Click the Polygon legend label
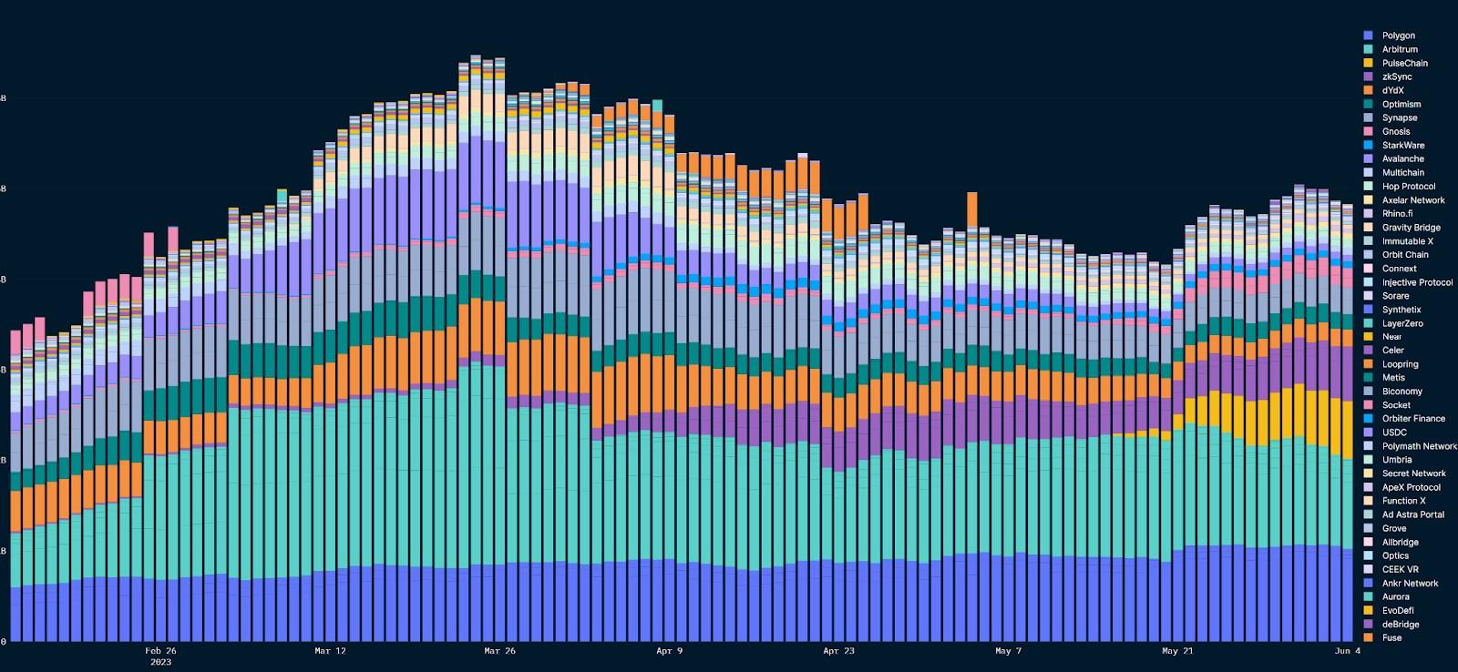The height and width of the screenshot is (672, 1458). pyautogui.click(x=1398, y=36)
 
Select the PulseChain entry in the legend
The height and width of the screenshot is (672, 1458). pyautogui.click(x=1404, y=63)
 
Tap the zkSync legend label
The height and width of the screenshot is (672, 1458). pyautogui.click(x=1396, y=76)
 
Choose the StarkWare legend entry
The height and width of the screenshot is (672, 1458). pyautogui.click(x=1402, y=145)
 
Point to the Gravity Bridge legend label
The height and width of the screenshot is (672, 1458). pyautogui.click(x=1411, y=228)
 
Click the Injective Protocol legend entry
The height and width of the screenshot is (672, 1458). pyautogui.click(x=1417, y=282)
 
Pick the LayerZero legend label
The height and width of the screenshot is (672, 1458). pyautogui.click(x=1402, y=323)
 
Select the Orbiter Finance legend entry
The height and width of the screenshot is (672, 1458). pyautogui.click(x=1413, y=419)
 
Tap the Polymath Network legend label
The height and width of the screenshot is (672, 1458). pyautogui.click(x=1419, y=446)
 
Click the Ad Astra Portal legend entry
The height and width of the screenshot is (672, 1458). pyautogui.click(x=1412, y=514)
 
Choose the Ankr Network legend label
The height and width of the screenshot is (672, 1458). pyautogui.click(x=1410, y=583)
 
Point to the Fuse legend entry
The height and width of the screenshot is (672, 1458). pyautogui.click(x=1391, y=637)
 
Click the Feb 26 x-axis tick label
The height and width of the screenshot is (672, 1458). pyautogui.click(x=160, y=651)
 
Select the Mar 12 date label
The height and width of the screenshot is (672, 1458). pyautogui.click(x=330, y=651)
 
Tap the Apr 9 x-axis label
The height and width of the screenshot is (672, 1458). pyautogui.click(x=669, y=651)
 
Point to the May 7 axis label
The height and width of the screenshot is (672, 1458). pyautogui.click(x=1009, y=651)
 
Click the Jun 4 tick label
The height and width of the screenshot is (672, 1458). pyautogui.click(x=1348, y=651)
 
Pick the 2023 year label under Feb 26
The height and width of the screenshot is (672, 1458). pyautogui.click(x=160, y=662)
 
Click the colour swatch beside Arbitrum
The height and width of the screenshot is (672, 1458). pyautogui.click(x=1368, y=49)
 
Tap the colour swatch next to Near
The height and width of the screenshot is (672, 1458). pyautogui.click(x=1368, y=337)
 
